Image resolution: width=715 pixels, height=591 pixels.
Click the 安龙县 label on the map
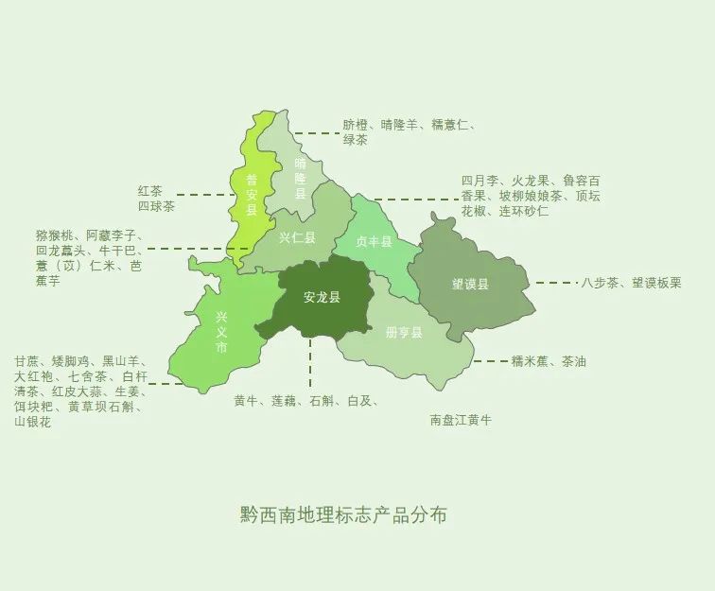(322, 297)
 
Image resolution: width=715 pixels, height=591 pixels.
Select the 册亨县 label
(404, 333)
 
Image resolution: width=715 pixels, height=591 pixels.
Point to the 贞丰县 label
(374, 242)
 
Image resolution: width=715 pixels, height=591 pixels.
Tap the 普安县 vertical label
(252, 194)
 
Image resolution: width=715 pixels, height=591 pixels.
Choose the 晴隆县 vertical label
(301, 177)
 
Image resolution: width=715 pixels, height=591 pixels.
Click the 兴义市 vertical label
(221, 332)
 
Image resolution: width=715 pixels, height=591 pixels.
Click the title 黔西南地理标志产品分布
(343, 515)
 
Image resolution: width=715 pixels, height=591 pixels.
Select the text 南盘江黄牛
(461, 419)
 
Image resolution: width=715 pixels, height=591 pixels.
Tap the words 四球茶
(156, 206)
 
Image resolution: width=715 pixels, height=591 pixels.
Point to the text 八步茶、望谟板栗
(631, 282)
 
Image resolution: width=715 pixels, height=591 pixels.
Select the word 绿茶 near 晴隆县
(356, 140)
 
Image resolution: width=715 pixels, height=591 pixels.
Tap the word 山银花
(33, 422)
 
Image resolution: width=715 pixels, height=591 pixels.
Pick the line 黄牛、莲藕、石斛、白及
(305, 401)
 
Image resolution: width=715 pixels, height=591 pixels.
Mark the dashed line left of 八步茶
(555, 282)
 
